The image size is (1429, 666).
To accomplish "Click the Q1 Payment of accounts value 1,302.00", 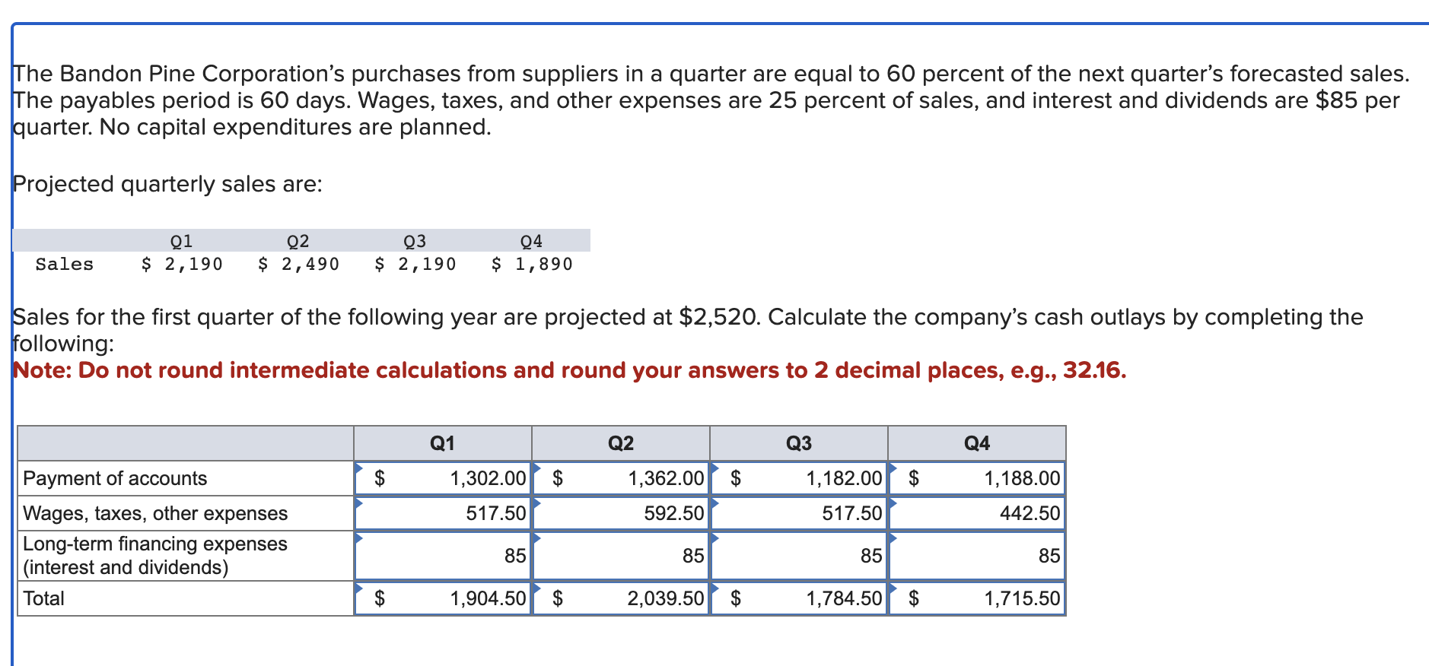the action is point(488,478).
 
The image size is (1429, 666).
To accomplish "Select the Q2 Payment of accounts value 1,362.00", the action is point(666,478).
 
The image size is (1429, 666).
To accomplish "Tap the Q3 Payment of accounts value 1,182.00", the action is point(844,478).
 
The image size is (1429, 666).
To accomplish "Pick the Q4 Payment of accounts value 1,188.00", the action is point(1022,478).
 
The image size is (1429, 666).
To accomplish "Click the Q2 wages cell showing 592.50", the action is point(674,513).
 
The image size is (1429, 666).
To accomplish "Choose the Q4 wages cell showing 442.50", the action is point(1030,513).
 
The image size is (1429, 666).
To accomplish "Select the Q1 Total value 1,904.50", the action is point(488,598).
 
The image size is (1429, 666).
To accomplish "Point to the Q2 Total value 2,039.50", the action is point(666,598).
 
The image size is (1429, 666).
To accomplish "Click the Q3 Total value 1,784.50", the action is point(844,598).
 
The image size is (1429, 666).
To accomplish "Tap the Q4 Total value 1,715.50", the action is point(1022,598).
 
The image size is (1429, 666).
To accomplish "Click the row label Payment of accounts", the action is point(115,478).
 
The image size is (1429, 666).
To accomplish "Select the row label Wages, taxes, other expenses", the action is point(155,513).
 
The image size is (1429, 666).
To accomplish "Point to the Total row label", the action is point(43,598).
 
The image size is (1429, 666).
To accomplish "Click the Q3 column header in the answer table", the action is point(799,443).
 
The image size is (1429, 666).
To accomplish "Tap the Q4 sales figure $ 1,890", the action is point(532,264).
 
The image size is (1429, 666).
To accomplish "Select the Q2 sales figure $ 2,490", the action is point(298,264).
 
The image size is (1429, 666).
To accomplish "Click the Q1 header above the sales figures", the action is point(182,241).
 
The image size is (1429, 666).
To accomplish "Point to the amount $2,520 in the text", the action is point(718,317).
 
